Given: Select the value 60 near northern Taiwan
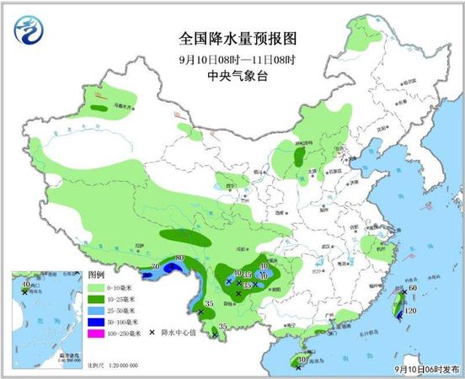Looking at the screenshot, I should [413, 290].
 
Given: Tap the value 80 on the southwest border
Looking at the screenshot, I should [179, 258].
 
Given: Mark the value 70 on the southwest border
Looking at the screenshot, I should [155, 267].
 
